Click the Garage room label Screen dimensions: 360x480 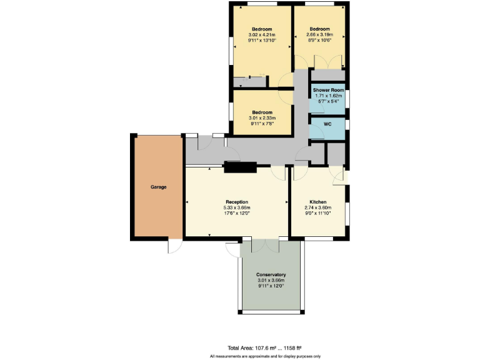tap(158, 187)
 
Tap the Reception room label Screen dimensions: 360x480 tap(237, 202)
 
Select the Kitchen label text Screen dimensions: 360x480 tap(318, 202)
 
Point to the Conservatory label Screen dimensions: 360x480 tap(271, 275)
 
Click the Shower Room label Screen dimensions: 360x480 tap(329, 90)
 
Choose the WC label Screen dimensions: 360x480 tap(327, 124)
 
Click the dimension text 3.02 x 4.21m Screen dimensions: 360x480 tap(262, 34)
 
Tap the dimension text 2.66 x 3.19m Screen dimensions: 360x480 tap(320, 34)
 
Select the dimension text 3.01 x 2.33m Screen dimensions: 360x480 tap(262, 117)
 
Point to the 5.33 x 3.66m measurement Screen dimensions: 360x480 tap(237, 207)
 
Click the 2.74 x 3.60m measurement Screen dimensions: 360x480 tap(318, 207)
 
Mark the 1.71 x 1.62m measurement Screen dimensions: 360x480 tap(329, 96)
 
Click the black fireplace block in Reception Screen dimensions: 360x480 tap(240, 166)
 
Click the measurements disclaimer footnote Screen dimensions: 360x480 tap(266, 356)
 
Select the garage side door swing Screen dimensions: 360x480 tap(175, 247)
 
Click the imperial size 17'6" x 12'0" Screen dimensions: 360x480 tap(237, 213)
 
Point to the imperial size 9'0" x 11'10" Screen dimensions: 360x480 tap(318, 213)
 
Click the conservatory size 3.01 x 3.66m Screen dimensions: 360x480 tap(271, 281)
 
